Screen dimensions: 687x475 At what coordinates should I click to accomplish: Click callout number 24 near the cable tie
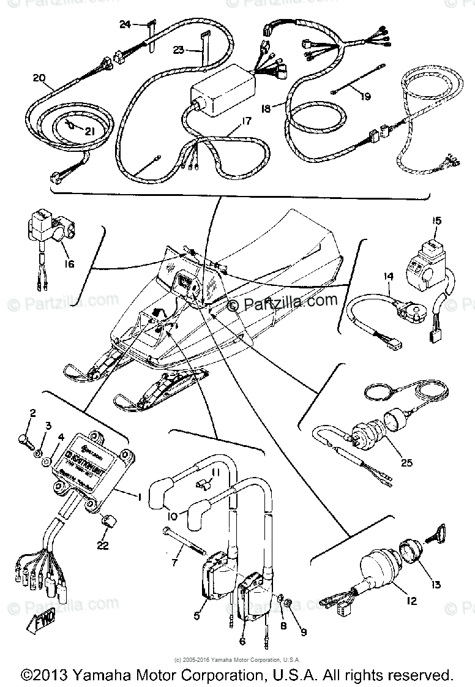pos(125,24)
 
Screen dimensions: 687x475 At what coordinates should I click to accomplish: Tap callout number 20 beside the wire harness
pos(39,78)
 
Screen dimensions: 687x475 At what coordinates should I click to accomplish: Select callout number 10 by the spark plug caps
pos(172,516)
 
